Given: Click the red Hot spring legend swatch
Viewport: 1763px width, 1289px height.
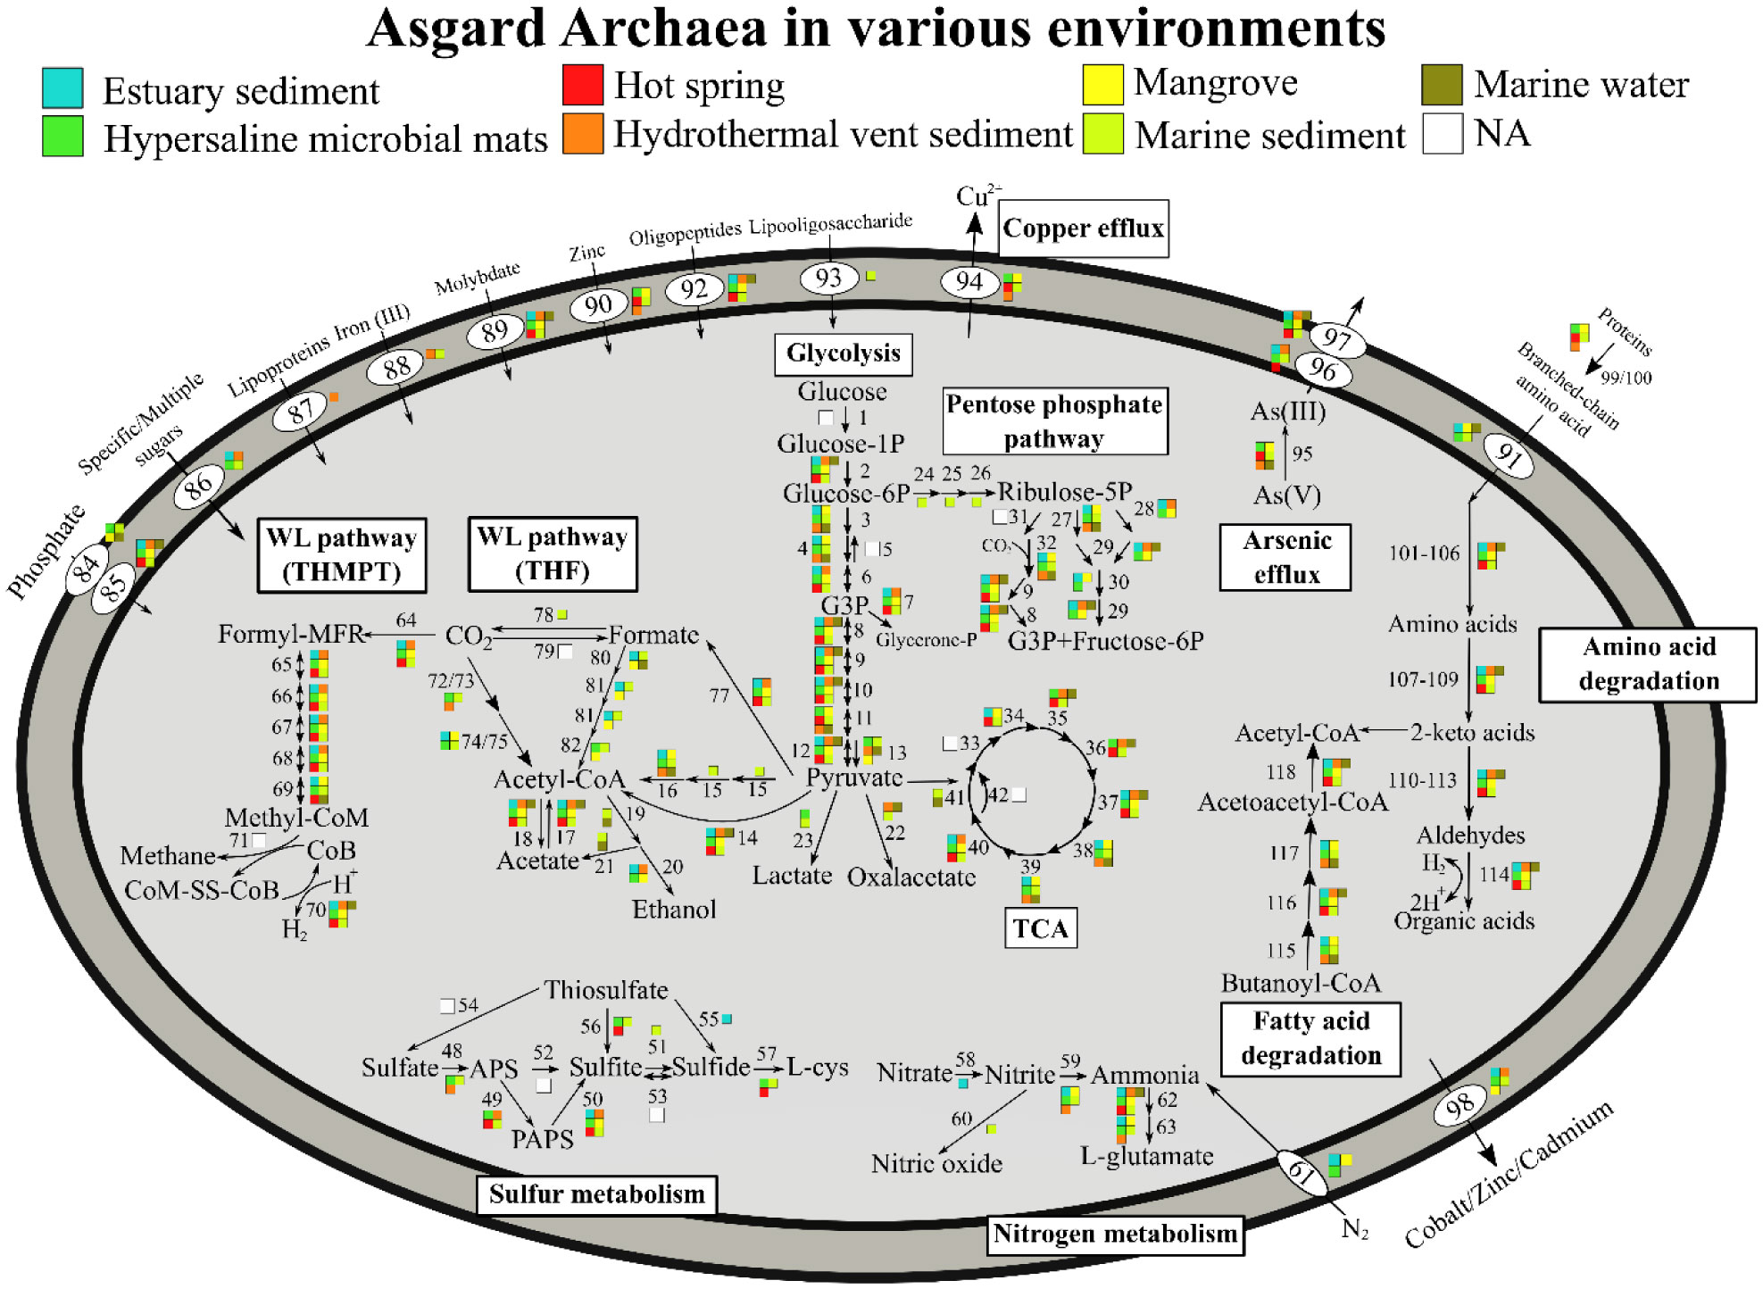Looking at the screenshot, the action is pos(583,85).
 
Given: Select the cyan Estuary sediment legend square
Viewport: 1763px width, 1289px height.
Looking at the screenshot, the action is pos(62,88).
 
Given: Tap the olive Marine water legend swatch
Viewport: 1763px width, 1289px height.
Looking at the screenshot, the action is pos(1442,85).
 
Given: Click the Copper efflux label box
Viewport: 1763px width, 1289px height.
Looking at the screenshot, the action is pos(1083,229).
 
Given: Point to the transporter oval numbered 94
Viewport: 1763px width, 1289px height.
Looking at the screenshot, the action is pos(969,282).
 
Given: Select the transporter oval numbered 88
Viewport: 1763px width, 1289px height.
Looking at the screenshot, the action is pos(396,366).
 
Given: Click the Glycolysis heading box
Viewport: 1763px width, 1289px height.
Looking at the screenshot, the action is pos(843,353).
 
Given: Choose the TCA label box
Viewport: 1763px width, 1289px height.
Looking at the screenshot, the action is pos(1041,929).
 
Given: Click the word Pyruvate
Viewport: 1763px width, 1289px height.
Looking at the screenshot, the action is pos(854,778).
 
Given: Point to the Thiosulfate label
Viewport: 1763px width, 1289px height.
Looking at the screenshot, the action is pos(606,990).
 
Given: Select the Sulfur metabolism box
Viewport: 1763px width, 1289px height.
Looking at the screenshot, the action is pos(596,1194).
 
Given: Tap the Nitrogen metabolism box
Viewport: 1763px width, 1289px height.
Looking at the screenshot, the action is pos(1115,1235).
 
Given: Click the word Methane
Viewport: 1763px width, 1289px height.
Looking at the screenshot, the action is pos(168,856).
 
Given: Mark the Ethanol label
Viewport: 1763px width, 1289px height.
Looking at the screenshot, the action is pos(674,910).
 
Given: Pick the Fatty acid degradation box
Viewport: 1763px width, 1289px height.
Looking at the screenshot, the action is pos(1310,1039).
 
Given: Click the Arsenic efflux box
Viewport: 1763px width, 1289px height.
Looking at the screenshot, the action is pos(1285,558).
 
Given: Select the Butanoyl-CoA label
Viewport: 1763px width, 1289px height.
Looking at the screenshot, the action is pos(1301,984).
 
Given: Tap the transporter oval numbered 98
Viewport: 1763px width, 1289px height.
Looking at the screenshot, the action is pos(1459,1107).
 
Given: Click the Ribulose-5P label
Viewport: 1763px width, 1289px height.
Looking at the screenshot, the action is pos(1064,492).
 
